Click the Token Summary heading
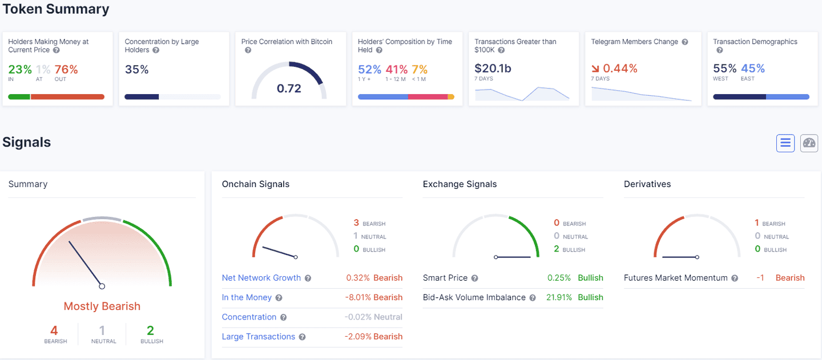[56, 9]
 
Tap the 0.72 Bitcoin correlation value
[289, 88]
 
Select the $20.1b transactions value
[493, 68]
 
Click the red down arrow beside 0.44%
[596, 69]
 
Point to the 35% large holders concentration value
[136, 70]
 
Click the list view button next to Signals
[785, 143]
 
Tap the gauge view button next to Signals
[809, 143]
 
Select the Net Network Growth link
[261, 278]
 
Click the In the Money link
[247, 297]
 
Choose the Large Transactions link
[258, 337]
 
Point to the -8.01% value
[357, 297]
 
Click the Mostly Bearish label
[102, 306]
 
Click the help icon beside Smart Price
[474, 278]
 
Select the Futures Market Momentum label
[675, 278]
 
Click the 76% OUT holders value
[66, 70]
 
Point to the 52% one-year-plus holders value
[369, 70]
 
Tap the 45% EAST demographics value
[752, 68]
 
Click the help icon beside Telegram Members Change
[685, 42]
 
